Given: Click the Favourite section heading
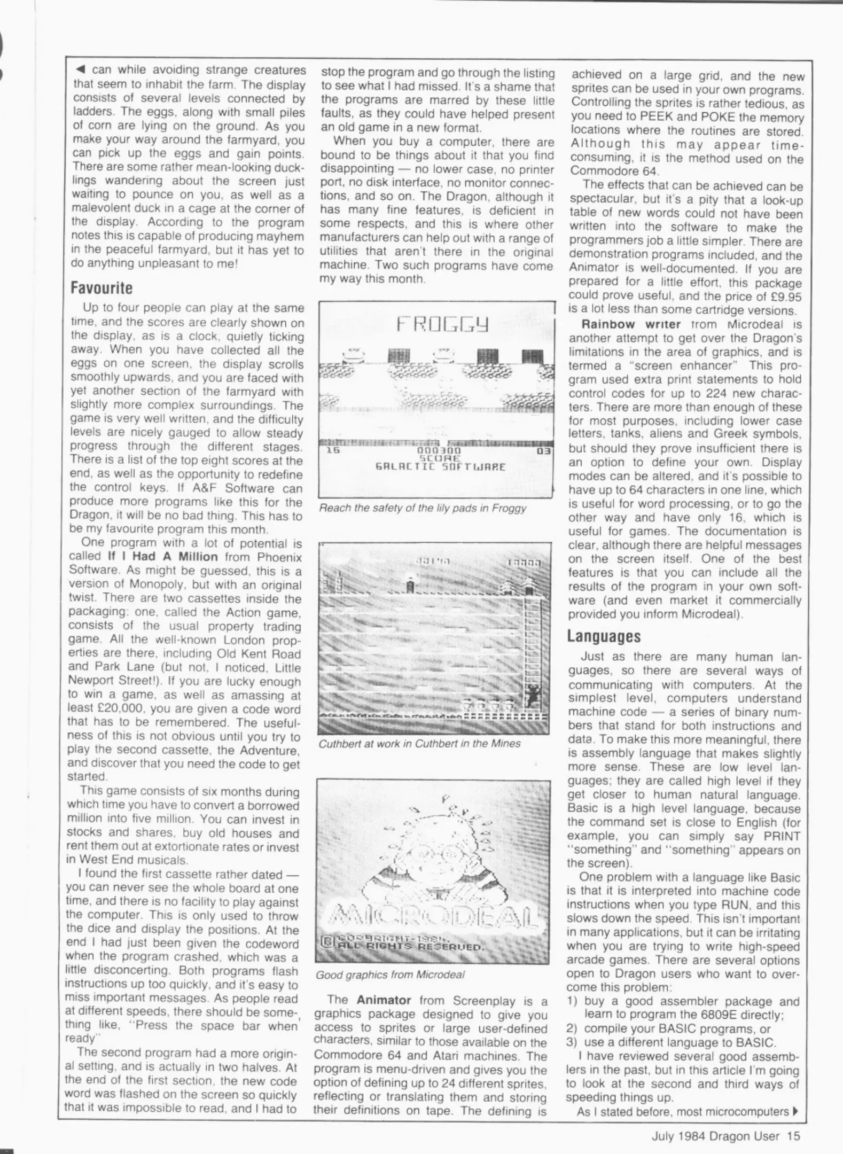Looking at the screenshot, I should click(x=102, y=288).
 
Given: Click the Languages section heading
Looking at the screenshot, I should click(x=603, y=636).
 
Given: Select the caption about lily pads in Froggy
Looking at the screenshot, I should click(x=423, y=508).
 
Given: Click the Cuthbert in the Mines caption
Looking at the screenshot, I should click(x=419, y=744).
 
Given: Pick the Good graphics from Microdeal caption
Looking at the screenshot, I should click(x=390, y=974).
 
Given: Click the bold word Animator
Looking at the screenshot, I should click(x=384, y=1000).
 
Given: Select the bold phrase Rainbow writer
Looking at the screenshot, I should click(x=630, y=324).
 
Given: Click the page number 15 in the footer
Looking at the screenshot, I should click(x=793, y=1136).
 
